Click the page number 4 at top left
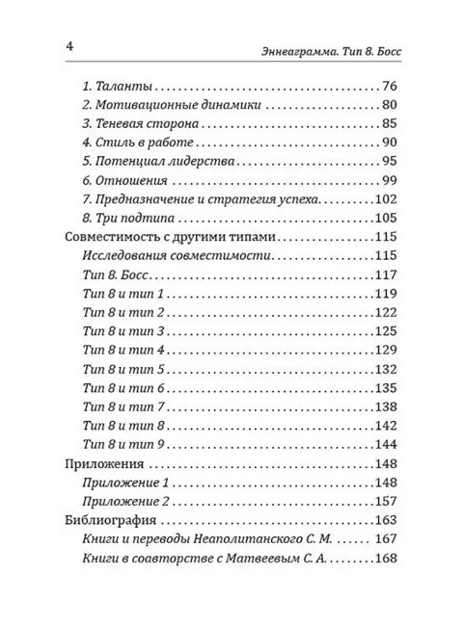pyautogui.click(x=68, y=46)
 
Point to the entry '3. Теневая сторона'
pyautogui.click(x=142, y=124)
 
